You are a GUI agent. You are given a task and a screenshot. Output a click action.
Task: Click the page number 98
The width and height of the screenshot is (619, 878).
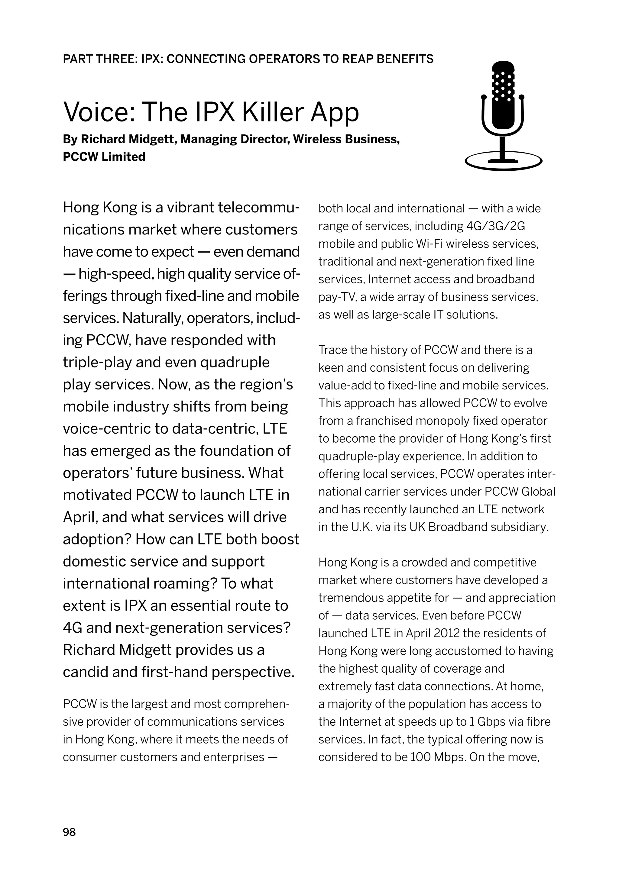(69, 832)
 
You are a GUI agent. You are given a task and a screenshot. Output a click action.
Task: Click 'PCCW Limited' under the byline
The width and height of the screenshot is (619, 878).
(104, 157)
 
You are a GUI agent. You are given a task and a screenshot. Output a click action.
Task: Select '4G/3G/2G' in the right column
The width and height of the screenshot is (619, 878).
(496, 226)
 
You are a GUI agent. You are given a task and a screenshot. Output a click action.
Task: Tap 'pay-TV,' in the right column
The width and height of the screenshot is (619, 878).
(337, 297)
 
